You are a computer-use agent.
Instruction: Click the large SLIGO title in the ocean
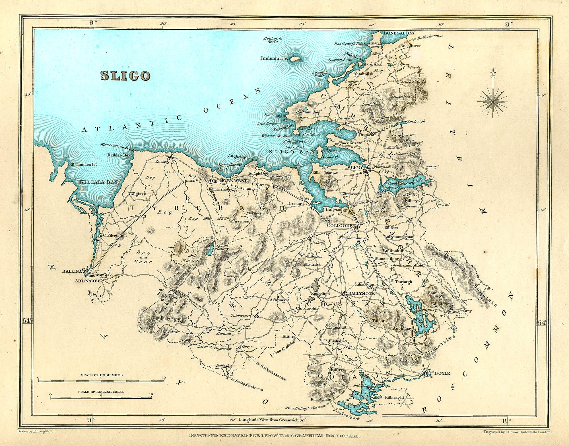[x=125, y=76]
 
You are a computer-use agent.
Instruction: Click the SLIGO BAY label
[x=292, y=152]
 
